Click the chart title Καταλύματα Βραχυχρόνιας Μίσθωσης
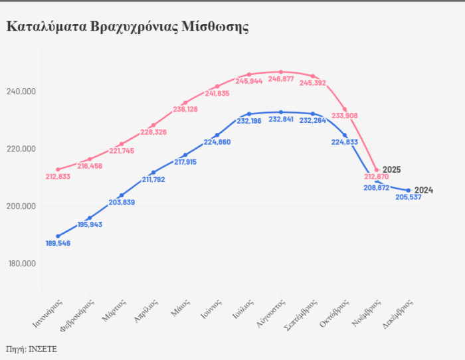tap(128, 27)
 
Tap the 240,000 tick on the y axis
tap(22, 92)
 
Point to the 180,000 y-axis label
tap(22, 264)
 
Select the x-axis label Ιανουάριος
tap(48, 317)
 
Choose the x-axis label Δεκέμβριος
tap(399, 317)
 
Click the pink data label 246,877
tap(280, 79)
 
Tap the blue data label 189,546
tap(58, 244)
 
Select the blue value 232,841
tap(280, 120)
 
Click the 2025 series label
tap(392, 170)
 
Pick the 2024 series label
tap(424, 191)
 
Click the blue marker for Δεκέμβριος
tap(409, 191)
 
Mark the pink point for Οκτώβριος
tap(345, 110)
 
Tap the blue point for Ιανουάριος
tap(58, 236)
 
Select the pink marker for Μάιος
tap(185, 103)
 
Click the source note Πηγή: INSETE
tap(31, 349)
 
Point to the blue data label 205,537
tap(409, 198)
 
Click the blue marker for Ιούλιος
tap(249, 114)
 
